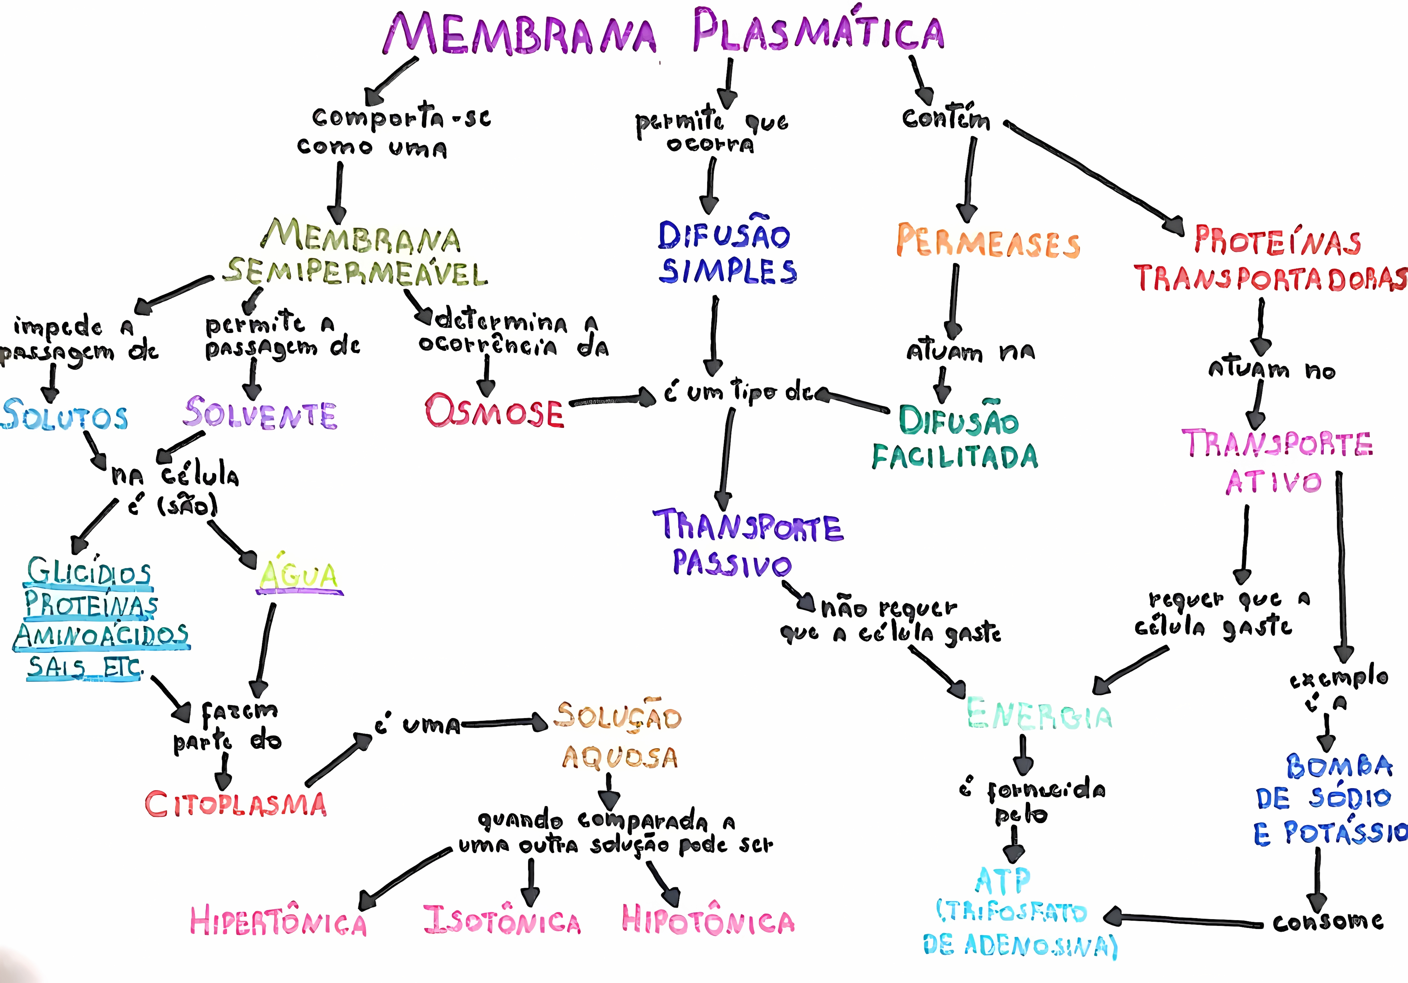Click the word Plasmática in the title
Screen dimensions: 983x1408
pyautogui.click(x=819, y=32)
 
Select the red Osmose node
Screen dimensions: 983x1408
pyautogui.click(x=494, y=411)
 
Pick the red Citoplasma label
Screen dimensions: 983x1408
pyautogui.click(x=236, y=804)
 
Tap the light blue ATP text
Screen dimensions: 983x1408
pyautogui.click(x=1003, y=881)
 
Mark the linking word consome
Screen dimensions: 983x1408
pyautogui.click(x=1328, y=922)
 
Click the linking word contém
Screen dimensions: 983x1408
pyautogui.click(x=946, y=118)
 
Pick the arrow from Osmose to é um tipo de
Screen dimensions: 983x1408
pyautogui.click(x=613, y=400)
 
